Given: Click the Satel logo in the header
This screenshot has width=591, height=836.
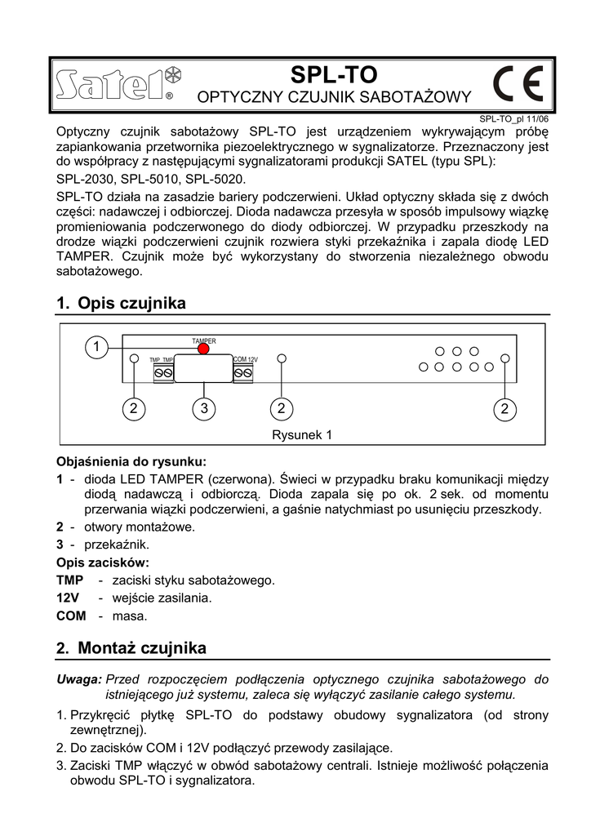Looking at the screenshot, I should tap(118, 83).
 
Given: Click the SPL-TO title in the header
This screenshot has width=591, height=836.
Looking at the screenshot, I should tap(335, 75).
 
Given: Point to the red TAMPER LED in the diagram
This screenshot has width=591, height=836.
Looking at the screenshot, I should tap(203, 349).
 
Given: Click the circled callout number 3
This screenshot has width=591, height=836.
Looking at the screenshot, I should tap(205, 407).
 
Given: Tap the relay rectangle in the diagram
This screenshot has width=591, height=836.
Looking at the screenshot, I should tap(201, 368).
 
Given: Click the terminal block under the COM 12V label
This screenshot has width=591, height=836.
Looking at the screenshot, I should tap(243, 372).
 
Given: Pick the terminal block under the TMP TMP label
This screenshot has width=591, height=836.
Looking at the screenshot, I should tap(162, 372).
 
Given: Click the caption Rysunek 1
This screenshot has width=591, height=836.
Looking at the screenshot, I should tap(302, 435).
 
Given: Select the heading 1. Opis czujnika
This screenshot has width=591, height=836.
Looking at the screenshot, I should tap(121, 303).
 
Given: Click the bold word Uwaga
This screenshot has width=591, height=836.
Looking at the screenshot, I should tap(78, 678).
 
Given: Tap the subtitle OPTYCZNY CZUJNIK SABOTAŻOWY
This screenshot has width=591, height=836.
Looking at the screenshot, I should tap(335, 98).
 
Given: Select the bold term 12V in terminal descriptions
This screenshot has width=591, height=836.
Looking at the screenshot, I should tap(67, 598).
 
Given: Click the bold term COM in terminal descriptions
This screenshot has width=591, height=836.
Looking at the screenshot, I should tap(70, 616).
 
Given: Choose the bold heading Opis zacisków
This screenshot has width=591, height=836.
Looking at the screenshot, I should tap(102, 563).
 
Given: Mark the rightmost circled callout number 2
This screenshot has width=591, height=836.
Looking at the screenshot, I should tap(505, 407).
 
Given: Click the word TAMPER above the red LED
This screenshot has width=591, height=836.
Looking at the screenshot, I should tap(203, 340).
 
